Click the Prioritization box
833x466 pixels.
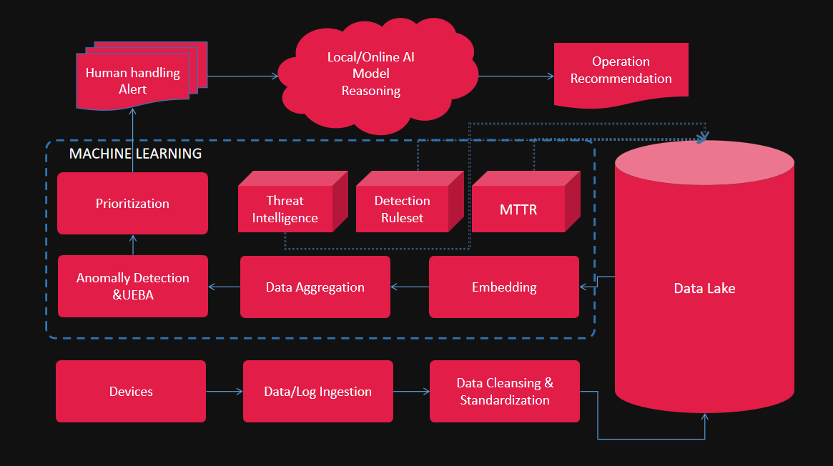132,204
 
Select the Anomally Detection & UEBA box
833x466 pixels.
132,287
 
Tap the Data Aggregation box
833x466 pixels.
315,287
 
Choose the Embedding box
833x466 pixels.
503,287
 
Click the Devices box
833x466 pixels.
131,391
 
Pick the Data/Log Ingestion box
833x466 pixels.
317,391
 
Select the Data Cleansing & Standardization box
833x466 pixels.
504,392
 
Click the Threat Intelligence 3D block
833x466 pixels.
285,209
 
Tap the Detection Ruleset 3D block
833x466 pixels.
402,209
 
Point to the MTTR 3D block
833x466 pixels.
518,210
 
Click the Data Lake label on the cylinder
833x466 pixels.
704,289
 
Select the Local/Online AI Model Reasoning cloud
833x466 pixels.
370,74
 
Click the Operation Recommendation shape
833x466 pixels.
621,71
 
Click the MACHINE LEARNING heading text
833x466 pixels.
135,154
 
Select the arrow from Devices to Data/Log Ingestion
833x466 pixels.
224,391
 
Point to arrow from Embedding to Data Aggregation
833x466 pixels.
409,287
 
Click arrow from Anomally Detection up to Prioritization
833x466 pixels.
132,244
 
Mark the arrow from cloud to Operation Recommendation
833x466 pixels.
516,76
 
